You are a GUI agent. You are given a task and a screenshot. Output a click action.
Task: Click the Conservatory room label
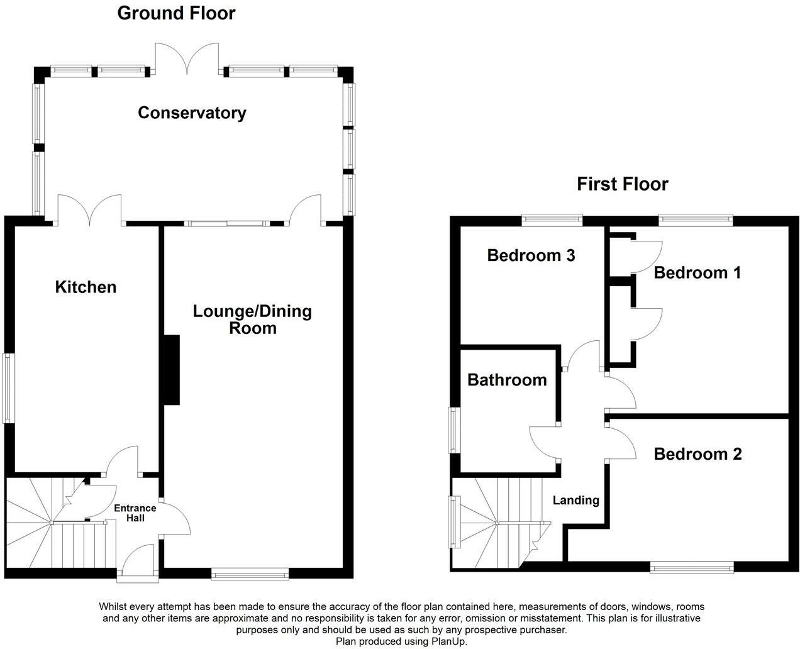(x=192, y=113)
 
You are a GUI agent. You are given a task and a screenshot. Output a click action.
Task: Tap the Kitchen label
(x=86, y=287)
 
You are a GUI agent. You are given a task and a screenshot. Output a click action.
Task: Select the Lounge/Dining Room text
(x=252, y=319)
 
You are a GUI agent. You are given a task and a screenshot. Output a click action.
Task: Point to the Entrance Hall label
(x=135, y=513)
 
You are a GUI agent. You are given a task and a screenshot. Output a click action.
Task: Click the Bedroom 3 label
(x=531, y=255)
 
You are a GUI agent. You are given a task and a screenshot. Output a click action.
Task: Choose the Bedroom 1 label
(x=697, y=272)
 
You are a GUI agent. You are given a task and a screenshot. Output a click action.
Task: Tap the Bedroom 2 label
(x=697, y=454)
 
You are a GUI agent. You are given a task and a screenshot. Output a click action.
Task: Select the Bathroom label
(x=507, y=380)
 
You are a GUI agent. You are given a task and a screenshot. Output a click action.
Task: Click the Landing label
(x=575, y=501)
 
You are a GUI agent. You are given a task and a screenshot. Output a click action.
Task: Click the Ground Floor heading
(x=176, y=13)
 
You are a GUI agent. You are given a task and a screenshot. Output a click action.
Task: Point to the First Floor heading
(x=622, y=184)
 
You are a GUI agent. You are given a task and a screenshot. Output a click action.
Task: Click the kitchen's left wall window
(x=8, y=388)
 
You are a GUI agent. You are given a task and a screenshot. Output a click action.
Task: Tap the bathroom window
(x=453, y=430)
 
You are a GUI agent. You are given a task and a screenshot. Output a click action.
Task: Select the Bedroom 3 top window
(x=552, y=219)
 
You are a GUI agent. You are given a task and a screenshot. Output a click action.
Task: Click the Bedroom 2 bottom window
(x=692, y=568)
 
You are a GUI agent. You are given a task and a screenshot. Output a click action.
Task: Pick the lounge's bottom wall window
(x=250, y=573)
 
